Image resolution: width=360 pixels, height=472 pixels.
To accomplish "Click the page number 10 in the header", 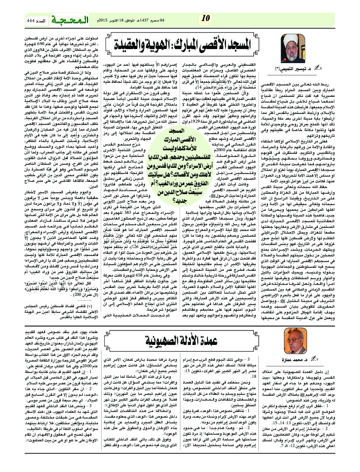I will click(206, 18).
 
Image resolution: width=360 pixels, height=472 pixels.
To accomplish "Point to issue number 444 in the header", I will click(25, 21).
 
